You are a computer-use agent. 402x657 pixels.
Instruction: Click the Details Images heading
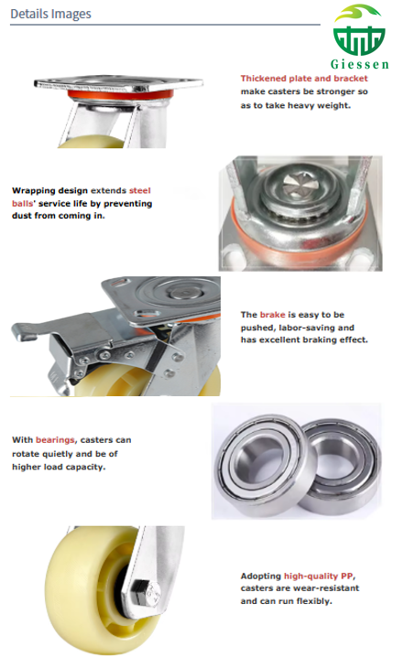click(x=50, y=15)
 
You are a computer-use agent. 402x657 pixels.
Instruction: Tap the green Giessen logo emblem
click(x=359, y=33)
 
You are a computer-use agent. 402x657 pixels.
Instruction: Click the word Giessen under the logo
click(x=360, y=65)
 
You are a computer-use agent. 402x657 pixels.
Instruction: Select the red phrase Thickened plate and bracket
click(x=304, y=79)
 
